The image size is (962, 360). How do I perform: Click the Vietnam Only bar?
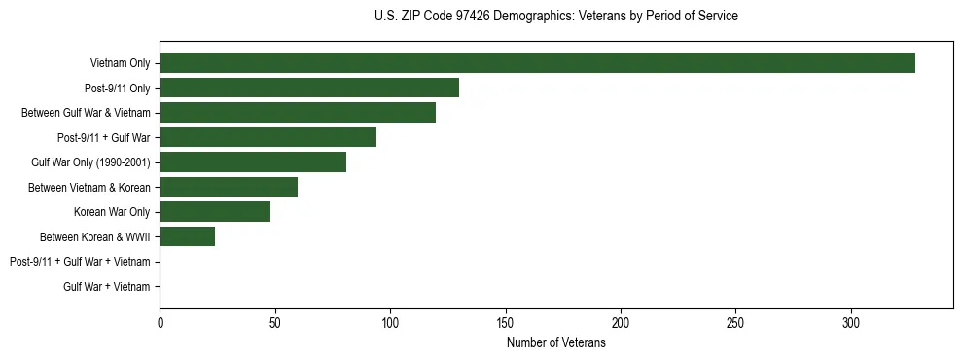[x=537, y=63]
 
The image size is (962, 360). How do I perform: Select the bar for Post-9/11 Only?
[x=309, y=88]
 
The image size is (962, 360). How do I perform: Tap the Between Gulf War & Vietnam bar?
[x=298, y=113]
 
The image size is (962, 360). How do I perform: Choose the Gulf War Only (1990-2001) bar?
[x=253, y=162]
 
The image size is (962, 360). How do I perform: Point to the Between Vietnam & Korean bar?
[x=229, y=187]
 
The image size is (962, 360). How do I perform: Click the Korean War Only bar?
[x=215, y=212]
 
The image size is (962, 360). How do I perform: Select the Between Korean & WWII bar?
[x=187, y=236]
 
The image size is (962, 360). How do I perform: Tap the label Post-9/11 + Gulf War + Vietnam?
[x=80, y=262]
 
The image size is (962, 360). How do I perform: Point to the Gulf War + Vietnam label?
[x=107, y=286]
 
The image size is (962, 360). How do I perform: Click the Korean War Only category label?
[x=112, y=212]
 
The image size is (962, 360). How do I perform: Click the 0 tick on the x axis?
[x=160, y=323]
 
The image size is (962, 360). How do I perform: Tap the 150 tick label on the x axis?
[x=505, y=323]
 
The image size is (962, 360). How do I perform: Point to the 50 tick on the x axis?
[x=275, y=323]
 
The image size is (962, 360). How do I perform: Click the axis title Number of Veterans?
[x=555, y=342]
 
